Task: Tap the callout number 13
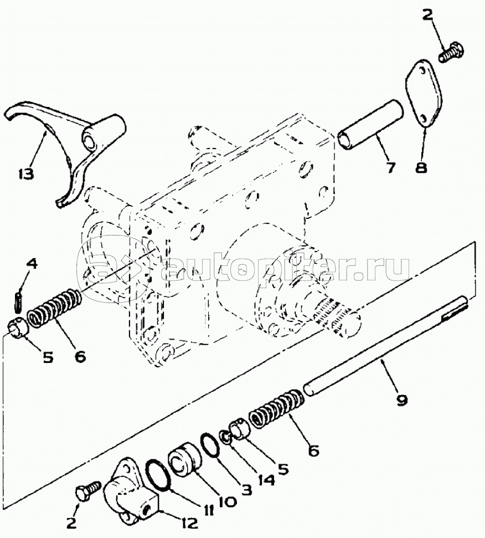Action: coord(25,173)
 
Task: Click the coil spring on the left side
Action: coord(55,309)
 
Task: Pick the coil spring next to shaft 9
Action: coord(277,409)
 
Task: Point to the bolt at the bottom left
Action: coord(88,490)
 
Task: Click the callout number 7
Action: coord(391,167)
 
